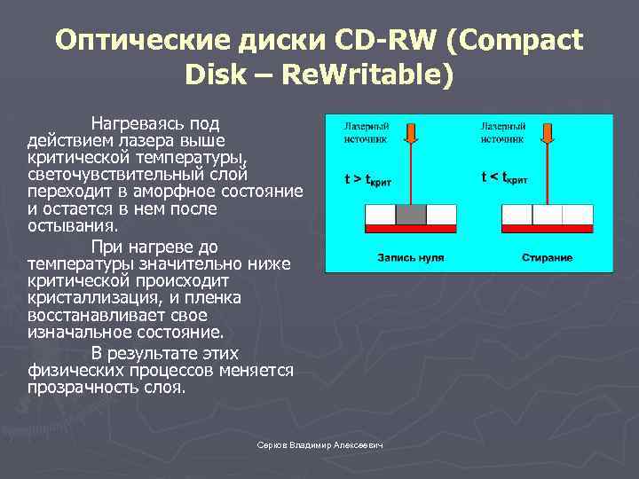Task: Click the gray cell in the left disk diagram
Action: (x=411, y=216)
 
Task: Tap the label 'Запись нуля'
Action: (x=411, y=258)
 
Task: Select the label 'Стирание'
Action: (x=547, y=258)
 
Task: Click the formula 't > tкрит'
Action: (x=368, y=179)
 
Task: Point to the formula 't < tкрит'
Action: (x=504, y=177)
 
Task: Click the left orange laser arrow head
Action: (x=411, y=134)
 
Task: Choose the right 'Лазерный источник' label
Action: (x=503, y=132)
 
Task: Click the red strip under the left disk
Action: (x=411, y=230)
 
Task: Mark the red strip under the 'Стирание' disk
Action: (x=547, y=230)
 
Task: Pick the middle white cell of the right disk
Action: (x=547, y=216)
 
